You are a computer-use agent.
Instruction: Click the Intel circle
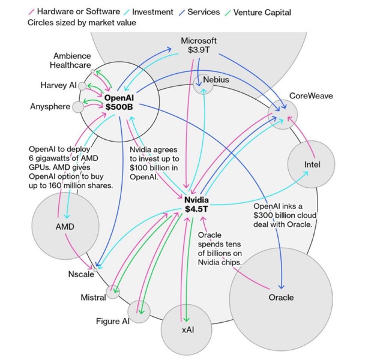tap(312, 163)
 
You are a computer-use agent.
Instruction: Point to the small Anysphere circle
tap(79, 107)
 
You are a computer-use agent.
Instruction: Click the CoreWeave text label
tap(310, 96)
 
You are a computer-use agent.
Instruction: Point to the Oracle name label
tap(280, 297)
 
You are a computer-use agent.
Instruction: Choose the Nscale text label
tap(79, 274)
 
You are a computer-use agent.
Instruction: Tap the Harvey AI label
tap(58, 86)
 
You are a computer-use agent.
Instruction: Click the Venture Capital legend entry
tap(262, 11)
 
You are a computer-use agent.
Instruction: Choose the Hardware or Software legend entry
tap(79, 11)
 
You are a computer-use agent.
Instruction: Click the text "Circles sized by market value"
tap(82, 23)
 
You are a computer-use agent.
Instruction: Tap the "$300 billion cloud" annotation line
tap(283, 215)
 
